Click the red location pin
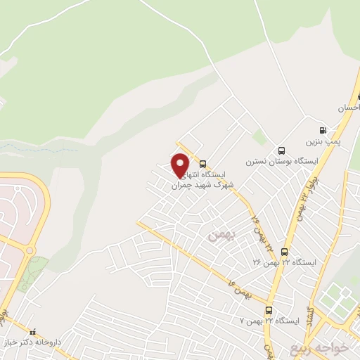pyautogui.click(x=180, y=165)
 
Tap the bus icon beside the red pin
pyautogui.click(x=203, y=163)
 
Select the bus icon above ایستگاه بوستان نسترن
pyautogui.click(x=282, y=150)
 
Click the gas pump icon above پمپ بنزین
pyautogui.click(x=323, y=130)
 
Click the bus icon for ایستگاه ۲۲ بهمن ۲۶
pyautogui.click(x=284, y=252)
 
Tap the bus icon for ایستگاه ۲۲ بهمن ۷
pyautogui.click(x=269, y=310)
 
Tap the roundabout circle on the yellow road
pyautogui.click(x=29, y=250)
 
